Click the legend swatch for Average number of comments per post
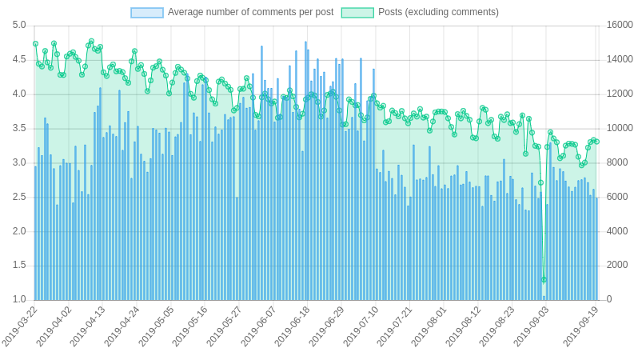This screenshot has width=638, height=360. (x=147, y=13)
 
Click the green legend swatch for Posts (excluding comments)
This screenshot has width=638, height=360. (x=357, y=13)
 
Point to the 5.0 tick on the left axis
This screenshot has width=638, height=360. (x=19, y=26)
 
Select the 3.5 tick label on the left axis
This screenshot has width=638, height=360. (x=19, y=128)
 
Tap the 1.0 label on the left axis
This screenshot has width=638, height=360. (x=19, y=300)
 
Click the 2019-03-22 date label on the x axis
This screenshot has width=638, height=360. (x=21, y=326)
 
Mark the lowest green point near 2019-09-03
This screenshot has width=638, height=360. (x=544, y=279)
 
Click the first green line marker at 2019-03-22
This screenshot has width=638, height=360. (x=35, y=44)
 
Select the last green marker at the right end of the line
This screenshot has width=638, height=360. (x=596, y=142)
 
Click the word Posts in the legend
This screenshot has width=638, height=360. (x=391, y=12)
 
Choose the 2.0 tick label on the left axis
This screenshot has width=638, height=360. (x=19, y=231)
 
